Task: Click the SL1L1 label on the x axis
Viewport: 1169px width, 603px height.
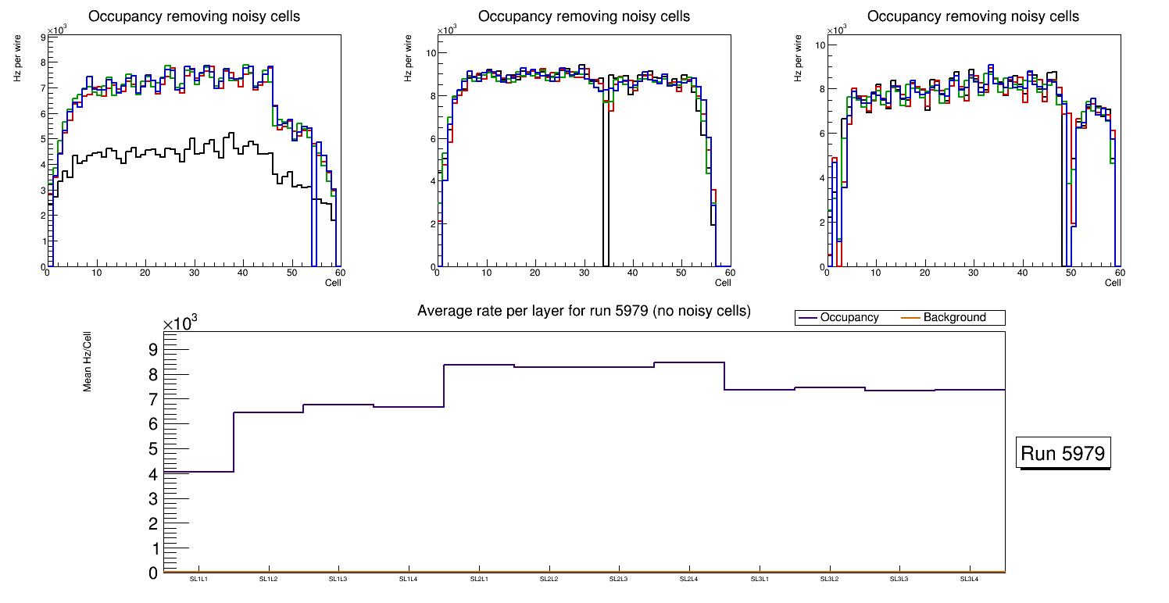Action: (198, 579)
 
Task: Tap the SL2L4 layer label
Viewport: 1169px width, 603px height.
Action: (689, 579)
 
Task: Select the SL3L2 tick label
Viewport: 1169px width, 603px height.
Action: (829, 579)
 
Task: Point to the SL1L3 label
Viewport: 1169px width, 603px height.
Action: (338, 579)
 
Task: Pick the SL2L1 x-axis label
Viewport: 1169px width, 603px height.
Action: (479, 579)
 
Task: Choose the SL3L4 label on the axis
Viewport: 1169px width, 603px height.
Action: (970, 579)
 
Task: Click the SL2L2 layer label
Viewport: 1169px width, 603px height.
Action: (549, 579)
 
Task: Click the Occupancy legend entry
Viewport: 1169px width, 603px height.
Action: (849, 318)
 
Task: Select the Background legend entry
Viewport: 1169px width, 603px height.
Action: (954, 318)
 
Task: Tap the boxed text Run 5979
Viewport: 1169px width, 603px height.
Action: (1064, 454)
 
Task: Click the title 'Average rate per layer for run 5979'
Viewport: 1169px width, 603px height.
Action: (584, 311)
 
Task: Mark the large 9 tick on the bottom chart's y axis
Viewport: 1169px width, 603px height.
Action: (153, 349)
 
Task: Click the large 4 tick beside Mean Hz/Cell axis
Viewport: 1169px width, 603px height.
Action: (153, 474)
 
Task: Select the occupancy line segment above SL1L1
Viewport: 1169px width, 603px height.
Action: (198, 472)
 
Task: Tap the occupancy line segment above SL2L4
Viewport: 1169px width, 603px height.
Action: (689, 362)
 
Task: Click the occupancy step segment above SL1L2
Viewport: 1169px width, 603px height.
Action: (268, 412)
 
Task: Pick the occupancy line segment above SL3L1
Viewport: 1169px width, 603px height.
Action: (760, 390)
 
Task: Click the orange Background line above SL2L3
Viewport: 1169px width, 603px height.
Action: (619, 572)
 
